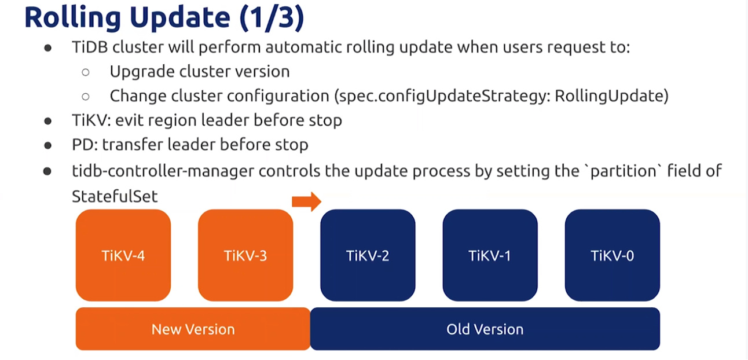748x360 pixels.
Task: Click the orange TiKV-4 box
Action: [123, 255]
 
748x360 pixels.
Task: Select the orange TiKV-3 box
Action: [245, 255]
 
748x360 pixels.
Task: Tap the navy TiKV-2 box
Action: [368, 255]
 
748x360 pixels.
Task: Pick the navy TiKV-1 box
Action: [490, 255]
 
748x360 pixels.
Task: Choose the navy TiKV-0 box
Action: [612, 255]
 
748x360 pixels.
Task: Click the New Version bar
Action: [193, 329]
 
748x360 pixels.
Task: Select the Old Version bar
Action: [485, 329]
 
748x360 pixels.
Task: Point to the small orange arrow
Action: [306, 201]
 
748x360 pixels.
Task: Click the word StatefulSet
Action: [115, 196]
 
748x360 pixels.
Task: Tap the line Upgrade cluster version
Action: [199, 72]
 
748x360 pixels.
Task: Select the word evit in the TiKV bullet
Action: [131, 120]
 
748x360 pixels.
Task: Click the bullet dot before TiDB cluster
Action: [48, 48]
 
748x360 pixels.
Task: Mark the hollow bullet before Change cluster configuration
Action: [86, 96]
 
